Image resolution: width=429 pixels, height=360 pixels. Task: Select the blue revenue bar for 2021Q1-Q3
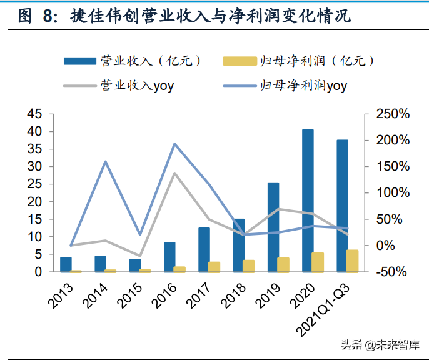point(342,206)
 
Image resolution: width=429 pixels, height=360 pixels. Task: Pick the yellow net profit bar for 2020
point(318,262)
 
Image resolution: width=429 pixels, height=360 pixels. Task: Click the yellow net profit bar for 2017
point(214,267)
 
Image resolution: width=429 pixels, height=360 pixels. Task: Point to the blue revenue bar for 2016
point(169,257)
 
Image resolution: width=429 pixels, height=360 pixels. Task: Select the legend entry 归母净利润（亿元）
point(298,61)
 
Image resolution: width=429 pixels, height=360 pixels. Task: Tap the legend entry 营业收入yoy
point(119,85)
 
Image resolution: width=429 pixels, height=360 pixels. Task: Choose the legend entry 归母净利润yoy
point(285,85)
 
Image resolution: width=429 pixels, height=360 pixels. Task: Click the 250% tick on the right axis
point(392,114)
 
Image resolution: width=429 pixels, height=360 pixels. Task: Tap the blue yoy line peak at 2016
point(175,144)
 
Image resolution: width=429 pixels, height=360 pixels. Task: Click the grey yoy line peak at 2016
point(174,172)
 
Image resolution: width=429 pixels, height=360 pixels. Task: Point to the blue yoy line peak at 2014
point(106,161)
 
